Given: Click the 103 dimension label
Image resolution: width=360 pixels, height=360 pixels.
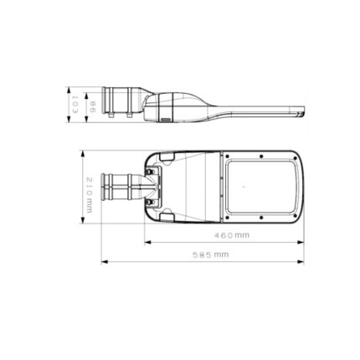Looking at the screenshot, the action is (x=75, y=105).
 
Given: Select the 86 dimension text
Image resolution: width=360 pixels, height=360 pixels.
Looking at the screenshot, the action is (x=93, y=107).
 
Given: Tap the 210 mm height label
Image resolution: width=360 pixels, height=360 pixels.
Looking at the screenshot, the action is (x=89, y=195).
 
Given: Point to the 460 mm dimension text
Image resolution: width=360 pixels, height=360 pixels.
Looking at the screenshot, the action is (x=232, y=235).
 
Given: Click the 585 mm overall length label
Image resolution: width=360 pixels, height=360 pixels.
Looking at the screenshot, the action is (x=211, y=255).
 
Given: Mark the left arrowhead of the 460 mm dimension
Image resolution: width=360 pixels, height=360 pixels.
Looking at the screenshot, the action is (x=147, y=243).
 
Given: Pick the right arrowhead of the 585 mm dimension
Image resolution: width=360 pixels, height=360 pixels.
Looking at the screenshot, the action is (x=301, y=262).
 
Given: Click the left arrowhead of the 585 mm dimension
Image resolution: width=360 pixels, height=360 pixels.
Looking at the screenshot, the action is (x=105, y=262).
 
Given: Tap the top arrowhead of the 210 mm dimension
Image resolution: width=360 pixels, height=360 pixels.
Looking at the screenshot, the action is (x=83, y=154).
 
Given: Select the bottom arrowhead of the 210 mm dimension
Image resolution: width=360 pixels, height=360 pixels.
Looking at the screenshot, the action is (x=83, y=220).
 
